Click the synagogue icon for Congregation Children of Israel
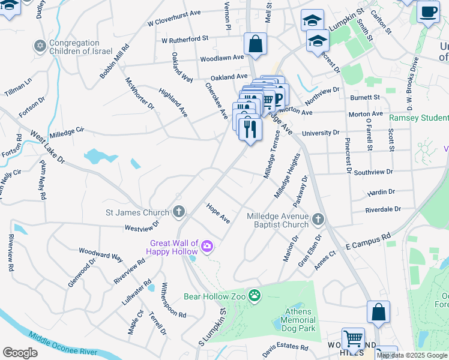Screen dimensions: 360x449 coord(41,46)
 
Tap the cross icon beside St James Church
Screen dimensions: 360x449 coord(178,211)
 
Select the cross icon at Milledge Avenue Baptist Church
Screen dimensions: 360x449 coord(318,220)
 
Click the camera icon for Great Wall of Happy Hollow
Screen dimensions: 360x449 coord(207,246)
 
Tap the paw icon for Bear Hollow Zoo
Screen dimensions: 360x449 coord(255,295)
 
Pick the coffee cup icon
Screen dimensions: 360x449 coord(427,11)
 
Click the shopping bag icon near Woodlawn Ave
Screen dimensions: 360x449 coord(255,44)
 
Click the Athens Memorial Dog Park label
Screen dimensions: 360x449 coord(298,320)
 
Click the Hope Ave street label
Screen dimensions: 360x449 coord(218,213)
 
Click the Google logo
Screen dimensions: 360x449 coord(20,353)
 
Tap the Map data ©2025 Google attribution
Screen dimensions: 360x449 coord(412,355)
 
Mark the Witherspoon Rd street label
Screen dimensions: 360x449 coord(173,300)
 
